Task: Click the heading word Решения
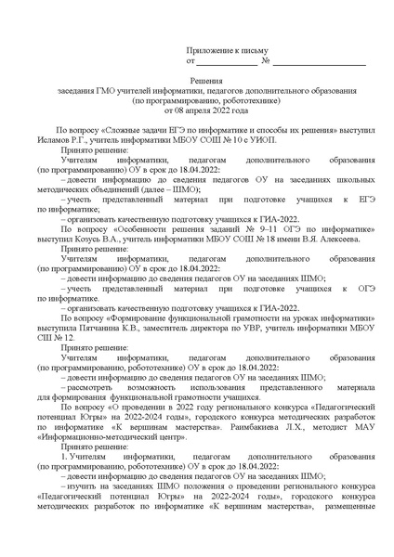(x=197, y=82)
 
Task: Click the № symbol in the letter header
(x=266, y=62)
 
